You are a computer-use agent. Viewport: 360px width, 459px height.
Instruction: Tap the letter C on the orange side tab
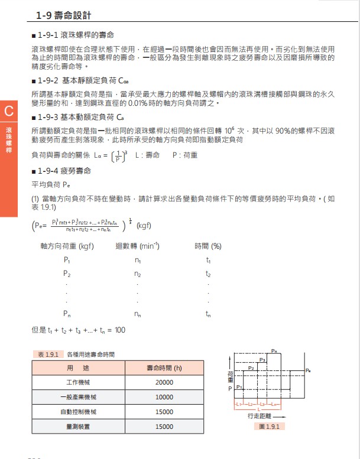click(x=8, y=110)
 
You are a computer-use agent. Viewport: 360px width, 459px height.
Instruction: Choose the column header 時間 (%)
click(x=207, y=245)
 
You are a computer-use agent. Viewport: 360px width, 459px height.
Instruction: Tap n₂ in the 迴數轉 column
click(x=137, y=274)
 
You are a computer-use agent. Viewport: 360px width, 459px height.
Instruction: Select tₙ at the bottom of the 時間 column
click(x=208, y=314)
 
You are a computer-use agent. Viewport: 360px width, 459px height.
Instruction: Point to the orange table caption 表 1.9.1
click(x=47, y=354)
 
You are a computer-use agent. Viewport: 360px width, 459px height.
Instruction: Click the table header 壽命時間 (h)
click(x=164, y=367)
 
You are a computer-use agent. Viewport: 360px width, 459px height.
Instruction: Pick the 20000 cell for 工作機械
click(x=164, y=382)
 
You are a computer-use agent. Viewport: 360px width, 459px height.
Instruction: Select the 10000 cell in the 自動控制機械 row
click(x=164, y=411)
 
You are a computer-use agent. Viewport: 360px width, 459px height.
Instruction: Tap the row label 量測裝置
click(x=77, y=426)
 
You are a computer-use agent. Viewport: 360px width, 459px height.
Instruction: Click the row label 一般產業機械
click(x=77, y=397)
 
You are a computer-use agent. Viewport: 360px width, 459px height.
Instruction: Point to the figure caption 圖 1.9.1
click(x=272, y=426)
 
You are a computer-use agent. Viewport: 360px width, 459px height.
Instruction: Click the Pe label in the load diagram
click(x=308, y=370)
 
